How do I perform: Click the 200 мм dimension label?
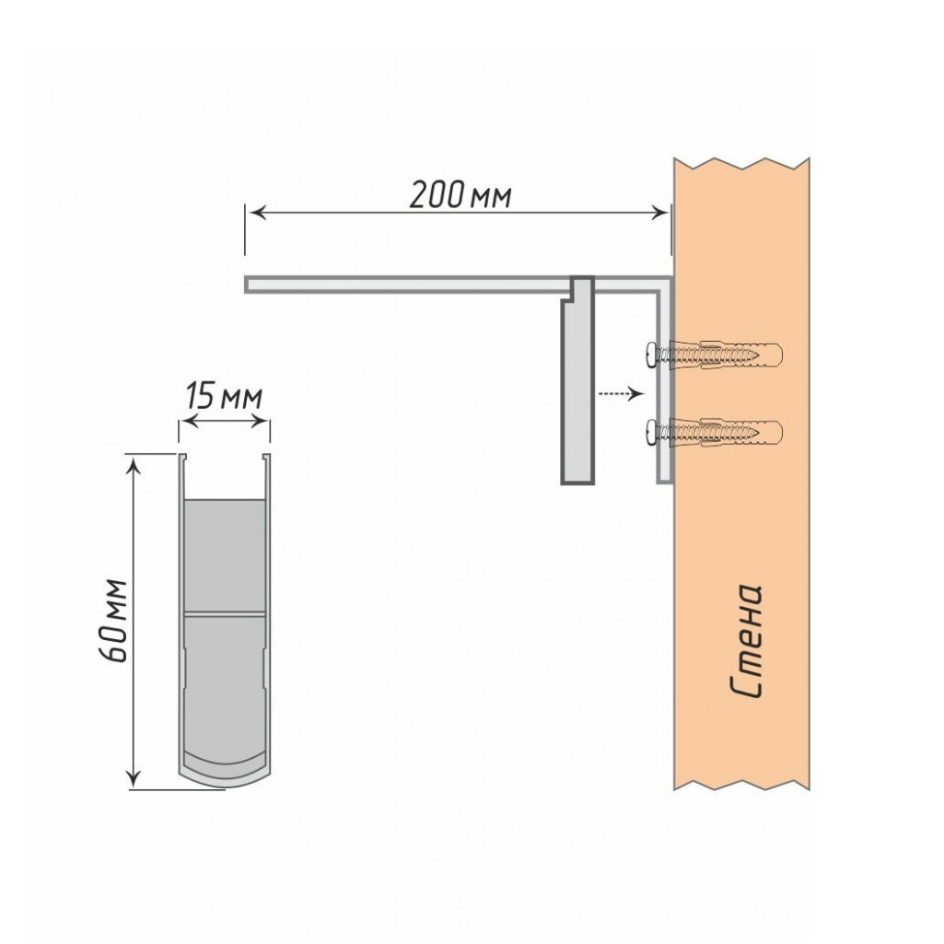[460, 195]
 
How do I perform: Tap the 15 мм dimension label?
[224, 397]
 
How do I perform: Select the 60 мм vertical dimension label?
[113, 621]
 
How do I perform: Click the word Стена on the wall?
[747, 640]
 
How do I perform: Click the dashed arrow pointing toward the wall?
[621, 394]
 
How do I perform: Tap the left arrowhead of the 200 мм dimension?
[258, 213]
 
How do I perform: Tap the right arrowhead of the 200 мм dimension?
[659, 213]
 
